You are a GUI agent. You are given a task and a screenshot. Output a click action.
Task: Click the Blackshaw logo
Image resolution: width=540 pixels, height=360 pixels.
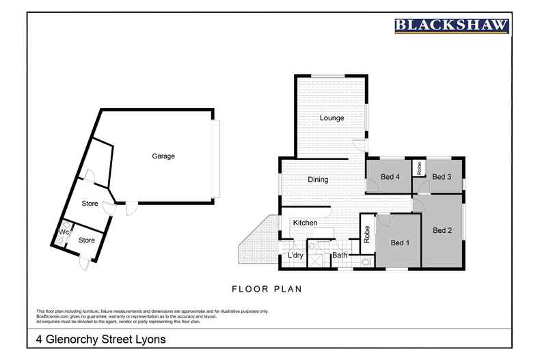point(452,26)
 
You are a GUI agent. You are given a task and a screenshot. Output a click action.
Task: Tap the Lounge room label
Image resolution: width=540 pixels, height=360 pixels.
point(332,118)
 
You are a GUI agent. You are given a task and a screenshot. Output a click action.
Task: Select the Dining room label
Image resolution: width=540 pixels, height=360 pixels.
point(318,180)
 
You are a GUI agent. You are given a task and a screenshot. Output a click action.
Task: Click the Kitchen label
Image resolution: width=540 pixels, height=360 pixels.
point(305,223)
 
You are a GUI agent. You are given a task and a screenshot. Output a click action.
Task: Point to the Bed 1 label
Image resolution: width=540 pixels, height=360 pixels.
point(400,243)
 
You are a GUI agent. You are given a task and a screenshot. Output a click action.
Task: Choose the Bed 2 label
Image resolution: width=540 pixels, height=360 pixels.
point(442,230)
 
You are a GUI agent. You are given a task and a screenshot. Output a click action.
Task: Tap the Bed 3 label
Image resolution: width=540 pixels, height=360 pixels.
point(442,177)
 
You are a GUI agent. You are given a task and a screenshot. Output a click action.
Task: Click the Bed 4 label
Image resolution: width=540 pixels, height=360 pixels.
point(390,177)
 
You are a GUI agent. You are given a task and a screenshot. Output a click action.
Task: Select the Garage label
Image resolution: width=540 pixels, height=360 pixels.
point(163,156)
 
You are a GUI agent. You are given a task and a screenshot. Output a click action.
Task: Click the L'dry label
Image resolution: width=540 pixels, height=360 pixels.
point(295,255)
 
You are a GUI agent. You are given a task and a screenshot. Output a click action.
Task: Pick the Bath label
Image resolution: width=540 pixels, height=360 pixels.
point(339,255)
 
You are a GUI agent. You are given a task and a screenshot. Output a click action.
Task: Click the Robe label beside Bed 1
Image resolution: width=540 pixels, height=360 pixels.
point(367,234)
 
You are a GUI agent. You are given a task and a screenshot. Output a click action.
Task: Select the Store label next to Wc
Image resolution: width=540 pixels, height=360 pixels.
point(86,240)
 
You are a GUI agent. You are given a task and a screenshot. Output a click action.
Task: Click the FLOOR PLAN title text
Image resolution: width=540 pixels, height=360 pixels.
point(267,289)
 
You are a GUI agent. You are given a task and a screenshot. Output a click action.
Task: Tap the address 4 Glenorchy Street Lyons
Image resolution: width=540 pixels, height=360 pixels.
point(100,339)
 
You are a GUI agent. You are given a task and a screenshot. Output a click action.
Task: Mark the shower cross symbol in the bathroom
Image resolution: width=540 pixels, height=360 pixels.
point(317,258)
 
